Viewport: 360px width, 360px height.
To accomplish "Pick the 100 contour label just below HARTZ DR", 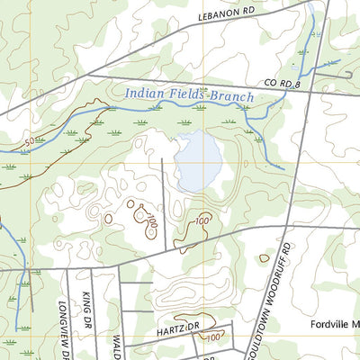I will click(213, 337).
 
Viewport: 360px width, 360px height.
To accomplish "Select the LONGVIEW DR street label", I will click(66, 326).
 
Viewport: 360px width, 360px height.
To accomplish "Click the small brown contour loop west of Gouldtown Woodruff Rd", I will click(264, 258).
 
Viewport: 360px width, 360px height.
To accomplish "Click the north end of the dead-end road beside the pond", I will click(162, 159).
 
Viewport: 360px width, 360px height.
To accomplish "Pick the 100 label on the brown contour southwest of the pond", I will click(150, 219).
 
